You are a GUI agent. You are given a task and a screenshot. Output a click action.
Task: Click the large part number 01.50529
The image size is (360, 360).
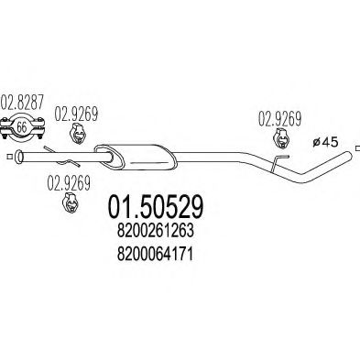pos(155,207)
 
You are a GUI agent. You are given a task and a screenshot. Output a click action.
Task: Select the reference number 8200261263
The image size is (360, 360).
pos(155,231)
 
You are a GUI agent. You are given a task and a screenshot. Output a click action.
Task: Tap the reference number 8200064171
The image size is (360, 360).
pos(155,254)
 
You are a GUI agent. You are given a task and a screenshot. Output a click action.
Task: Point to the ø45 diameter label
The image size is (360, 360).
pos(326,142)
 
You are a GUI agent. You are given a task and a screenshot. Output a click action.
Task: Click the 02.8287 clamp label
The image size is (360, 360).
pos(22,104)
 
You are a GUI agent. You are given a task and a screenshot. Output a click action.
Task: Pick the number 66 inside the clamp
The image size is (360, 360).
pos(22,127)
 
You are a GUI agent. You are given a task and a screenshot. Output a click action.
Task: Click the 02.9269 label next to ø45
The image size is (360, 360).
pos(280,119)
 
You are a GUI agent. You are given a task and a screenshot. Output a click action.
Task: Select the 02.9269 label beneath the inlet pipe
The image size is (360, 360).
pos(69,183)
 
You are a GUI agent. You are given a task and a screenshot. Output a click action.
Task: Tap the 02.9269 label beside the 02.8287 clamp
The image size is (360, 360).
pos(76,114)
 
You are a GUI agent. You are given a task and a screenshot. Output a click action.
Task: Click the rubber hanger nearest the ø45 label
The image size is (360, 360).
pos(281,139)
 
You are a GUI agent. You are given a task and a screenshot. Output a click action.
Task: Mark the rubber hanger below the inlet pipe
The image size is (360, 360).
pos(71,202)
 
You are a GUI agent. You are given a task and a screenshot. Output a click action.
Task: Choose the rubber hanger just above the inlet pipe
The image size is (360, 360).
pos(77,134)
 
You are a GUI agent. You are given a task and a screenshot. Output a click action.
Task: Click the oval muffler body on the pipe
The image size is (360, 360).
pos(136,157)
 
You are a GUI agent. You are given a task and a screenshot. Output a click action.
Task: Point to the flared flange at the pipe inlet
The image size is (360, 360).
pos(19,156)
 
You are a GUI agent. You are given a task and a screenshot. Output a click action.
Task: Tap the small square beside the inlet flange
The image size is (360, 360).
pos(9,157)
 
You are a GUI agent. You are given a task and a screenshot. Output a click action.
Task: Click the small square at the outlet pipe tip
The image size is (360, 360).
pos(358,148)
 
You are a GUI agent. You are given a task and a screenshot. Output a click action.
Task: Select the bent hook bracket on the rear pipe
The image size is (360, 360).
pos(278,163)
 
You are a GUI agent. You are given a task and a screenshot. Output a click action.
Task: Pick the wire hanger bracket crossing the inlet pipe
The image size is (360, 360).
pos(61,157)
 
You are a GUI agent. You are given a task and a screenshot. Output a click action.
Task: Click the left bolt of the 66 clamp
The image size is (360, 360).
pos(5,127)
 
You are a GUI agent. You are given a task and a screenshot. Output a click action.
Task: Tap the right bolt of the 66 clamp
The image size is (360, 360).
pos(39,127)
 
